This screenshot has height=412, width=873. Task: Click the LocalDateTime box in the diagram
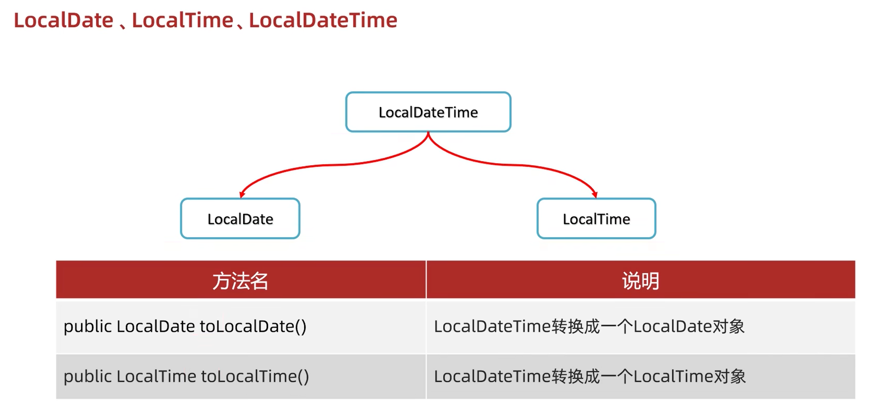(428, 112)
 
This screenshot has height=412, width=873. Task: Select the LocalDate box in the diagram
(240, 219)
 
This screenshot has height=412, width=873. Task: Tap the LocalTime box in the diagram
(596, 219)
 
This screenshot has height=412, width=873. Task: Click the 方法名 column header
(240, 281)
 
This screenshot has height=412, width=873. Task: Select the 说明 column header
(640, 281)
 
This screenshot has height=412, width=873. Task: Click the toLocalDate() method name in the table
(253, 326)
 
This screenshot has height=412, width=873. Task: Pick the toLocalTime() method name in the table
(255, 377)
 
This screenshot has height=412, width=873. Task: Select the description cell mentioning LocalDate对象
(589, 326)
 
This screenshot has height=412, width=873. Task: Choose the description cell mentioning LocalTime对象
(590, 377)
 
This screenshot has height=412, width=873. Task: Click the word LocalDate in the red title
(64, 20)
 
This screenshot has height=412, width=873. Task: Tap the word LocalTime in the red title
(182, 20)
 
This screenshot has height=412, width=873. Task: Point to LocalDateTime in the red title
(323, 20)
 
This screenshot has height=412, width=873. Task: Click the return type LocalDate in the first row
(156, 326)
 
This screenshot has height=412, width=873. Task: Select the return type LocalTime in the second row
(156, 377)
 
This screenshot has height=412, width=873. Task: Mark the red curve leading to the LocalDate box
(329, 165)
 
